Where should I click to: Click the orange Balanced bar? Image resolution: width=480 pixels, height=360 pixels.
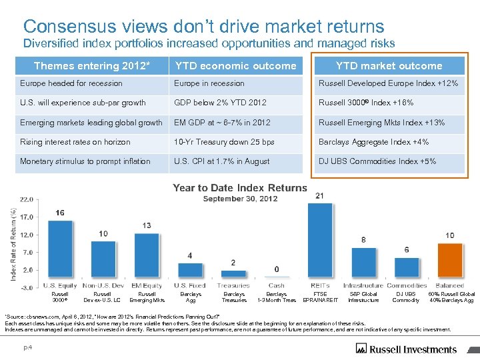(450, 261)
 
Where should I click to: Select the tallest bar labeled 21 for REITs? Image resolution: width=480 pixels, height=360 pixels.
(320, 241)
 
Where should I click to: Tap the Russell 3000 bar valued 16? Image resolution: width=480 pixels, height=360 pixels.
(60, 249)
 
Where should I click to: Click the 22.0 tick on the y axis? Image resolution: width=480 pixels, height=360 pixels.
(26, 199)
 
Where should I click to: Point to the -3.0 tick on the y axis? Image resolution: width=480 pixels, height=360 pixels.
(26, 287)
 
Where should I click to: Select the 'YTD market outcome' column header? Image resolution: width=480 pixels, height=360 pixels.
(389, 65)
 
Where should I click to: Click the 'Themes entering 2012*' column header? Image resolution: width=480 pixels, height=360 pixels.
(92, 65)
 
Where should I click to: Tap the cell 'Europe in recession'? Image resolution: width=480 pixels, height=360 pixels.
(209, 83)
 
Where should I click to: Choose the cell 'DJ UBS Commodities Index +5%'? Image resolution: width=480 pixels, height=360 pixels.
(377, 161)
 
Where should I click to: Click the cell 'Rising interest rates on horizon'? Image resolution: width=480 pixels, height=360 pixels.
(75, 142)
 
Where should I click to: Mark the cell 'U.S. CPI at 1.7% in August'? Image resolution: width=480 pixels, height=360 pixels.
(222, 161)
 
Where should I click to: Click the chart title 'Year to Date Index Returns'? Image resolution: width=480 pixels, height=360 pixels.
(240, 188)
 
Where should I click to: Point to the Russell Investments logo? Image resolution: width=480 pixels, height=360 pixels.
(407, 348)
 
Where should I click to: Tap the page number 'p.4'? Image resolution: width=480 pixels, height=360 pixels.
(29, 347)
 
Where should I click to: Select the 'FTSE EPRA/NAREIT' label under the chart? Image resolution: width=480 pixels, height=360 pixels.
(320, 297)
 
